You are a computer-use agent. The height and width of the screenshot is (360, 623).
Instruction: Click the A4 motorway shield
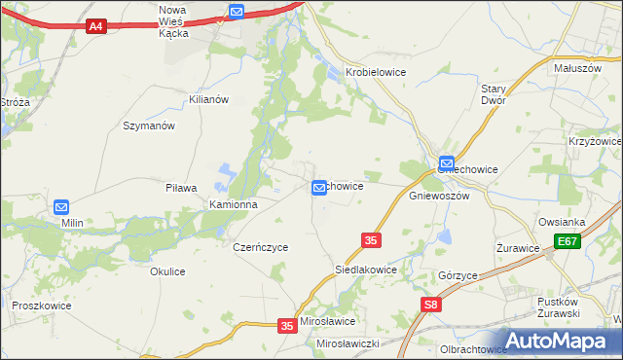point(95,26)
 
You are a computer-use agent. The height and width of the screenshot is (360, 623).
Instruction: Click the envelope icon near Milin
point(61,207)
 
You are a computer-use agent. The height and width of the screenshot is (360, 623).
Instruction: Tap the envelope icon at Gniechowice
point(446,163)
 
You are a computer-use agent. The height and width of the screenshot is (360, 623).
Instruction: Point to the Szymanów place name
point(148,126)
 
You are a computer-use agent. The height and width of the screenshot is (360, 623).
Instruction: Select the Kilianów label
point(208,99)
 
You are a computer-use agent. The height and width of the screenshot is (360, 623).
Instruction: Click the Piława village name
point(181,188)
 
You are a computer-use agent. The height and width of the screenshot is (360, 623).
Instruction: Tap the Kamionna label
point(234,205)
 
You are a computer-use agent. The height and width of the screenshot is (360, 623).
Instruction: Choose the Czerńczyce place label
point(261,247)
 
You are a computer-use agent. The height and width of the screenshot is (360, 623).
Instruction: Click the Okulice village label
point(167,271)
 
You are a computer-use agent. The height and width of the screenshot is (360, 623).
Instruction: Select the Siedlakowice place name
point(365,270)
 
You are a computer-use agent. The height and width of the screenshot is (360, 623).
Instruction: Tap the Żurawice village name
point(518,247)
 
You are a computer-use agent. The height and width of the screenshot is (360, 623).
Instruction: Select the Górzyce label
point(458,275)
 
